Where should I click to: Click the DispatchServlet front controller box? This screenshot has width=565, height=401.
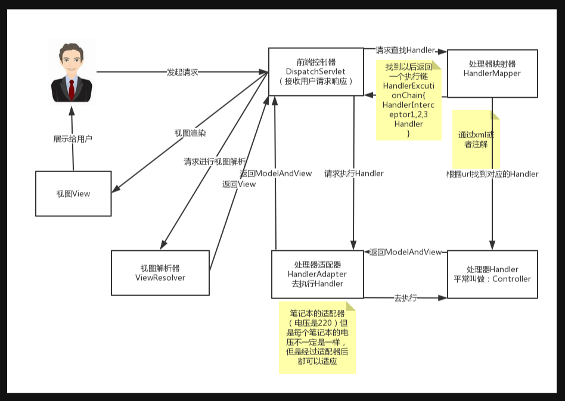point(316,72)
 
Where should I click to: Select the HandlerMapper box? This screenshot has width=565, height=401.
point(492,73)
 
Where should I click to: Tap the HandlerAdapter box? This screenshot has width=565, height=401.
point(317,274)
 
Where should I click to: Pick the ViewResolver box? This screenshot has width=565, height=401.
point(160,272)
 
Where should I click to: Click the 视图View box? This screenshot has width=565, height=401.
point(73,194)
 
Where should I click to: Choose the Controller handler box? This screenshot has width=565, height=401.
point(492,274)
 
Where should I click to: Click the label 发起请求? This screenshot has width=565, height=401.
point(182,72)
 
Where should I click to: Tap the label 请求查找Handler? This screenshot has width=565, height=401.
point(405,51)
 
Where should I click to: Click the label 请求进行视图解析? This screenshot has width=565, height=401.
point(215,161)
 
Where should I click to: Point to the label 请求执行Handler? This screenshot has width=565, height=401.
point(354,173)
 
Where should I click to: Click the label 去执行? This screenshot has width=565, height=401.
point(405,297)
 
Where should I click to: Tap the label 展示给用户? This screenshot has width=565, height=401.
point(73,139)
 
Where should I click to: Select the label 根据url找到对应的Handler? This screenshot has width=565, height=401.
point(492,174)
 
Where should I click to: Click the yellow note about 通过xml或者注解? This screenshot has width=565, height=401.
point(476,139)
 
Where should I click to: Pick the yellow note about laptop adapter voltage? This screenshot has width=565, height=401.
point(317,337)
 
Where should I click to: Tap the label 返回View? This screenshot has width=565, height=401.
point(239,184)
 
